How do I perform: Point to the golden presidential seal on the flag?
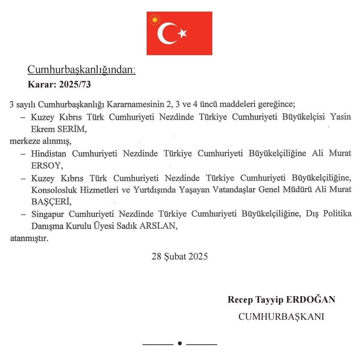pos(155,20)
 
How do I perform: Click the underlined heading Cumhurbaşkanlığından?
pos(82,70)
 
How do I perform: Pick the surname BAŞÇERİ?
pos(50,201)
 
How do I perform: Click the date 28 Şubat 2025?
pos(180,257)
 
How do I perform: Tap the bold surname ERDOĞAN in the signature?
pos(311,300)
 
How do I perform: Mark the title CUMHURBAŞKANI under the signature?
pos(281,316)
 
